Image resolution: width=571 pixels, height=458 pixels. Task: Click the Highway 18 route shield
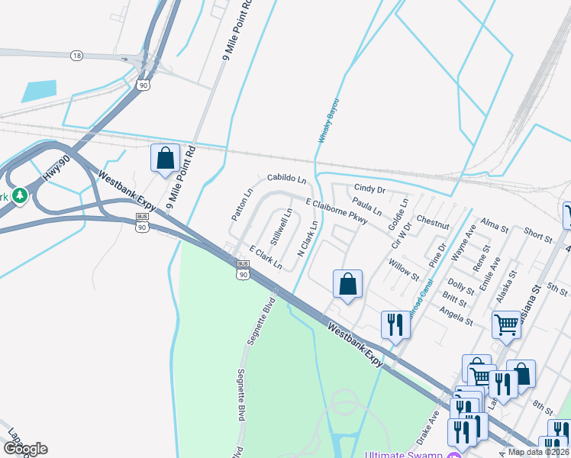point(76,56)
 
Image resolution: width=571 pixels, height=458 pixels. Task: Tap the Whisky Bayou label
point(327,123)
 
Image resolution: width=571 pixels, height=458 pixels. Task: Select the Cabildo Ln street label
point(286,179)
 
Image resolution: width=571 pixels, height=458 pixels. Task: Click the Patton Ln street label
point(240,205)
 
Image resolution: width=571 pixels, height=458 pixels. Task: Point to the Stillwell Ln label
point(280,226)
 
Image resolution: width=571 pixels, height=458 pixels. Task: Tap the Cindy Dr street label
point(370,189)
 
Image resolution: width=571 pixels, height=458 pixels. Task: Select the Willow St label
point(404,269)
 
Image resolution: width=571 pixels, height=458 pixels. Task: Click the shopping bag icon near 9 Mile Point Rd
point(165,159)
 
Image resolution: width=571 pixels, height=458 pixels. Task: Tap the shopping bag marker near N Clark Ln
point(347,284)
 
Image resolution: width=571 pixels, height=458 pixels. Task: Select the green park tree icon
point(20,196)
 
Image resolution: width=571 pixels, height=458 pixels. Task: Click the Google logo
point(24,449)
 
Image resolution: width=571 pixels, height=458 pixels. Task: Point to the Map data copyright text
point(538,452)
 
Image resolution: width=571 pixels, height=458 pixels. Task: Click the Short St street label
point(538,238)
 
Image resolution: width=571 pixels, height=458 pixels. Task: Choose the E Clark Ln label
point(266,258)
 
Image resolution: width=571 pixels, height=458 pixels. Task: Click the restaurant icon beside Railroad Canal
point(395,324)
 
